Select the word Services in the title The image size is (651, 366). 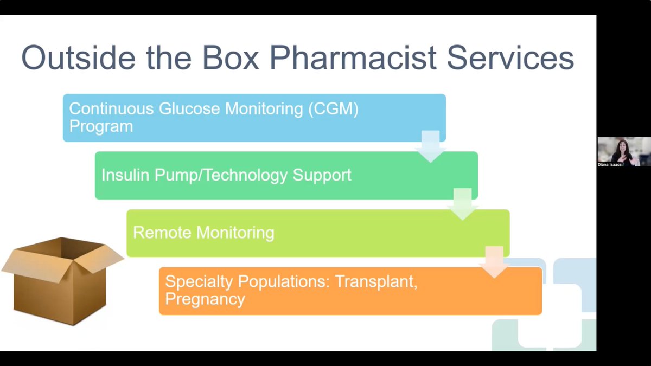[x=509, y=57]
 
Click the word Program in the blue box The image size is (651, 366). [x=100, y=127]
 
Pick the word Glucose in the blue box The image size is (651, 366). [x=189, y=108]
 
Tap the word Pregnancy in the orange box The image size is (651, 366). [x=205, y=299]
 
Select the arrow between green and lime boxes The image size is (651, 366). [x=462, y=204]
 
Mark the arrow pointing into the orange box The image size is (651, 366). [x=494, y=262]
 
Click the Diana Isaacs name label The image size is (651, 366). [x=610, y=164]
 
